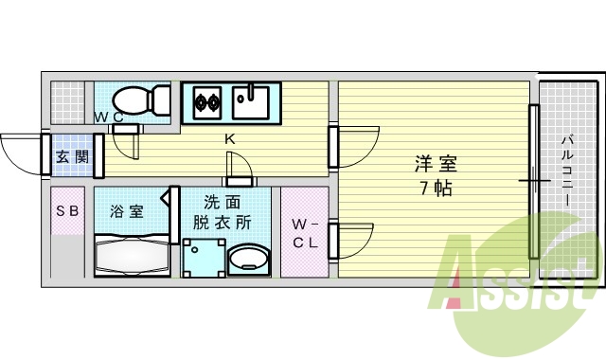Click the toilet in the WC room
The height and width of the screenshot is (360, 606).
[x=138, y=99]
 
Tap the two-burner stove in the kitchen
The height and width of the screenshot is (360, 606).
[x=207, y=100]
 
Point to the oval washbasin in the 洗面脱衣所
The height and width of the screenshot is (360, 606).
[x=249, y=259]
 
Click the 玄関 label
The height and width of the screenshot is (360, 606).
[x=71, y=157]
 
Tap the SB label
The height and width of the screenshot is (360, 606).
[x=66, y=211]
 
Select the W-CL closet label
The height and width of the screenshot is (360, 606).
[x=304, y=233]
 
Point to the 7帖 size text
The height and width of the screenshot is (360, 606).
[x=431, y=187]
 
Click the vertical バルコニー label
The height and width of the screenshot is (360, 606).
[x=566, y=175]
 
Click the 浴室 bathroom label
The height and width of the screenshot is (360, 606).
[x=127, y=210]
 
